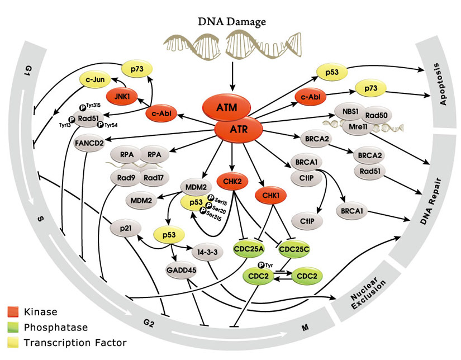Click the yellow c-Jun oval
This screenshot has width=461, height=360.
tap(97, 79)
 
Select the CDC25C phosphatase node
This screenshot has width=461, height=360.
tap(294, 248)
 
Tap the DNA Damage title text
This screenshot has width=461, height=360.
tap(231, 22)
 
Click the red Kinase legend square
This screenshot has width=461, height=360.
tap(15, 311)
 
